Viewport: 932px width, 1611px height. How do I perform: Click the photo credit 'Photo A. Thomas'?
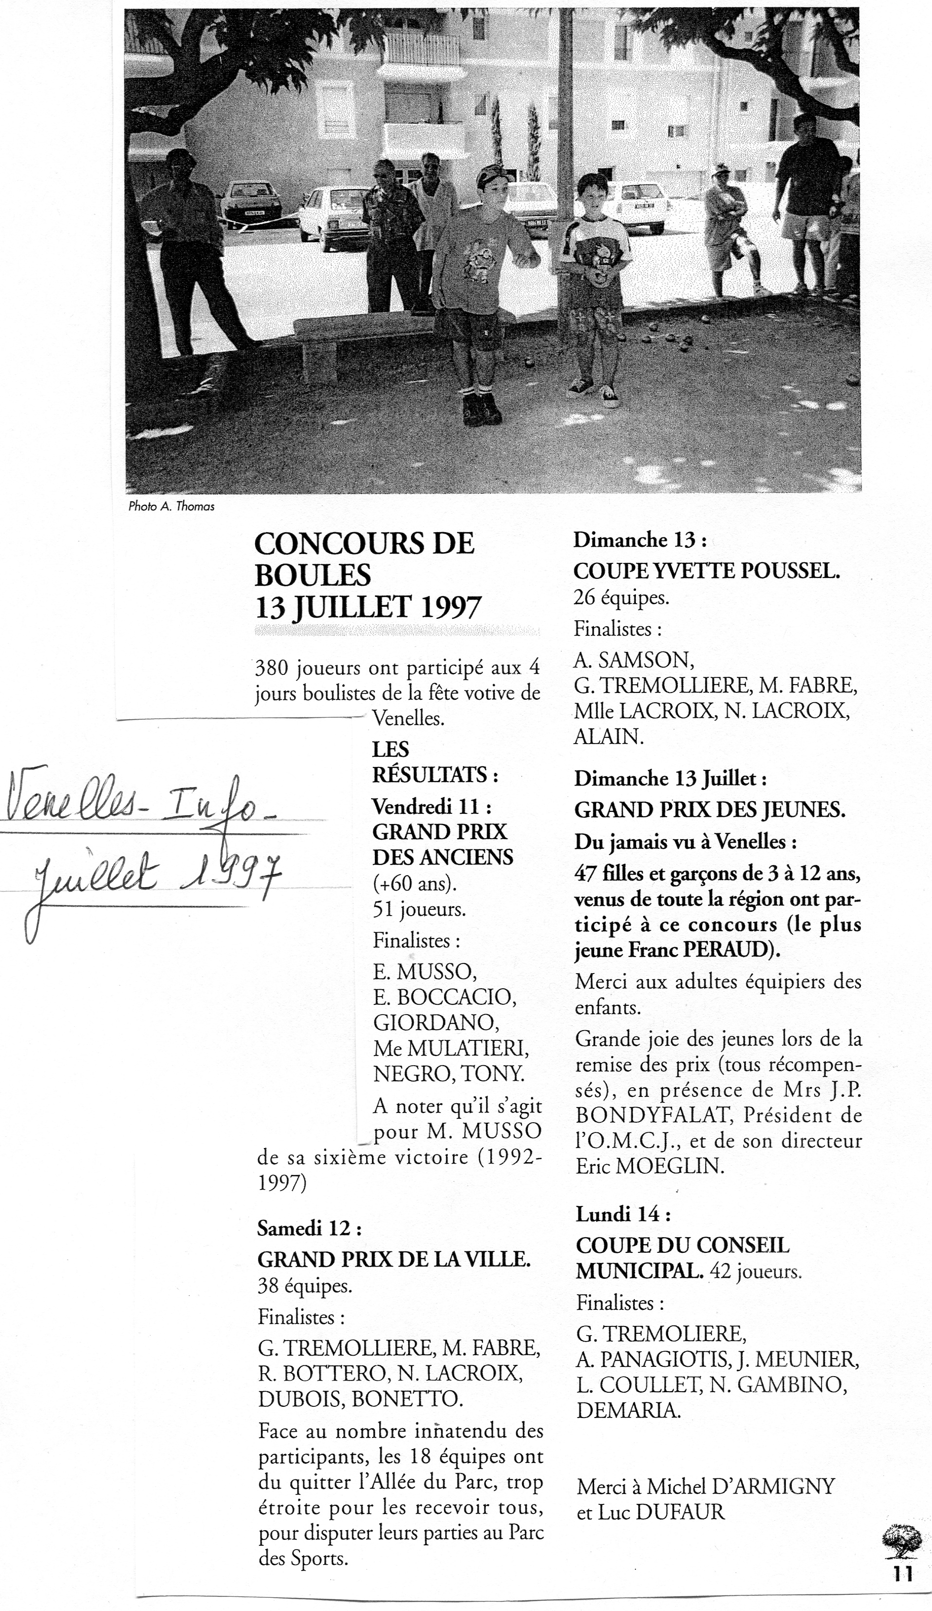[x=171, y=506]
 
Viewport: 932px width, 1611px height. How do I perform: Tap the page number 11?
[x=903, y=1586]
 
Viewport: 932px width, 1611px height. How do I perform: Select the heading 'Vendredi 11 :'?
[x=432, y=807]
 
